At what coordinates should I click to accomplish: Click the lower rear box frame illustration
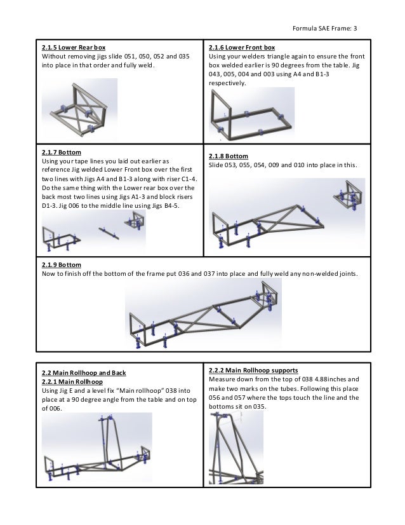pos(79,109)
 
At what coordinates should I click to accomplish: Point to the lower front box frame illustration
pos(251,114)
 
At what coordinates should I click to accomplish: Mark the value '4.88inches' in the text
pos(321,379)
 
